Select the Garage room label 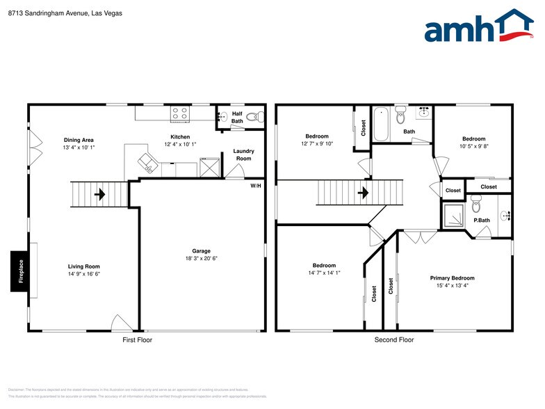202,251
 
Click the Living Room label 83,266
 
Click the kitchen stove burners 180,113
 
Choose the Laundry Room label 243,154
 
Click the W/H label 257,185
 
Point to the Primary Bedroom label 452,278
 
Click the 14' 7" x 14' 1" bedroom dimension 324,273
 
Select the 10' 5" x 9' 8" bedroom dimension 473,146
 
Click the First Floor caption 137,340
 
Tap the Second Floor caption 394,340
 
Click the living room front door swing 119,322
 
